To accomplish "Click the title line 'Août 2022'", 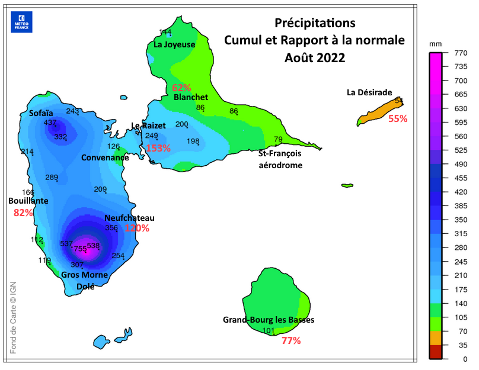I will pos(314,58).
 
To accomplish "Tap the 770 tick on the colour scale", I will pos(457,53).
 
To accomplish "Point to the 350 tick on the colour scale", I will pos(457,220).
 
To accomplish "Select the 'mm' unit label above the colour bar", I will pos(436,44).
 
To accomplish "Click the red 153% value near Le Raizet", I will pos(158,148).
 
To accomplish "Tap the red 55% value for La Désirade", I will pos(398,118).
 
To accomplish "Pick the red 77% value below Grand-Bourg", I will pos(291,340).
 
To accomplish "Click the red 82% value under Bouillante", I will pos(23,213).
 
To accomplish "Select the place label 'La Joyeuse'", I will pos(174,44).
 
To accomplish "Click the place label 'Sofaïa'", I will pos(41,112).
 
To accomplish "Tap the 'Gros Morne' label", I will pos(85,275).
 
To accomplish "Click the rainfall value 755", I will pos(80,249).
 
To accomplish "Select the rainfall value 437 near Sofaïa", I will pos(50,123).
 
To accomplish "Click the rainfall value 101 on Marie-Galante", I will pos(268,330).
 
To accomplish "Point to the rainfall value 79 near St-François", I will pos(278,140).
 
